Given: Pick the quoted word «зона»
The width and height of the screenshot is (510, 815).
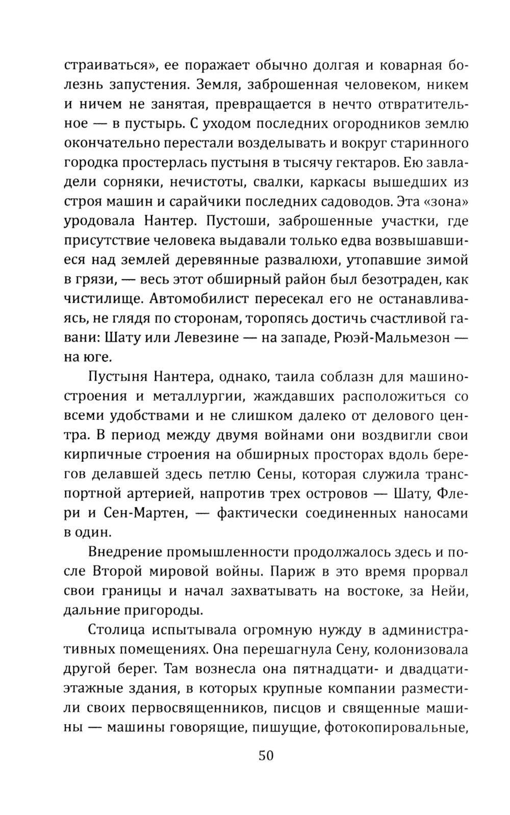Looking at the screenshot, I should point(444,202).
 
